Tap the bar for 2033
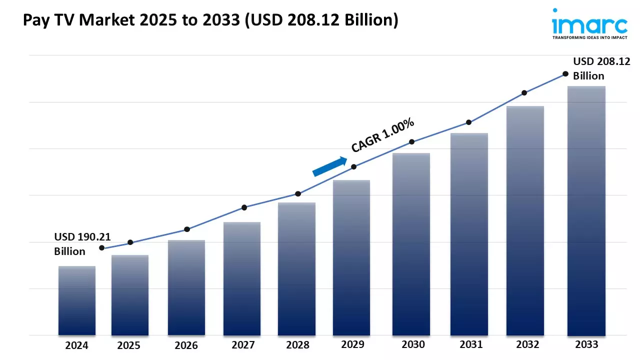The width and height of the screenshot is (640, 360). pyautogui.click(x=586, y=210)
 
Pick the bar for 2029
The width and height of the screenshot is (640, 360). pyautogui.click(x=351, y=257)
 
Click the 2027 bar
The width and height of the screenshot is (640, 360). pyautogui.click(x=242, y=278)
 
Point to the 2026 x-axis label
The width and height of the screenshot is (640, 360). pyautogui.click(x=186, y=345)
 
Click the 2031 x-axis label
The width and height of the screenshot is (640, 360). pyautogui.click(x=470, y=344)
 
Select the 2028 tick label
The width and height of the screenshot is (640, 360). pyautogui.click(x=297, y=345)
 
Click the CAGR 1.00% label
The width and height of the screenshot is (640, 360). pyautogui.click(x=383, y=135)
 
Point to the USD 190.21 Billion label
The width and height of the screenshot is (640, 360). pyautogui.click(x=76, y=244)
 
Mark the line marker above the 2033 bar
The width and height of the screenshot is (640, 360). pyautogui.click(x=565, y=73)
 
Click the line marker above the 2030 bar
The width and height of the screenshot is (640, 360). pyautogui.click(x=411, y=142)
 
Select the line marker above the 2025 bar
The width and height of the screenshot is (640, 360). pyautogui.click(x=130, y=242)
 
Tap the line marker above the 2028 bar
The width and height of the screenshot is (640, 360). pyautogui.click(x=298, y=193)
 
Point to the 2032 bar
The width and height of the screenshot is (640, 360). pyautogui.click(x=525, y=220)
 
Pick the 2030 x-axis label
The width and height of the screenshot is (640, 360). pyautogui.click(x=413, y=344)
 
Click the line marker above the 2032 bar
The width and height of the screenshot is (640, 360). pyautogui.click(x=524, y=93)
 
